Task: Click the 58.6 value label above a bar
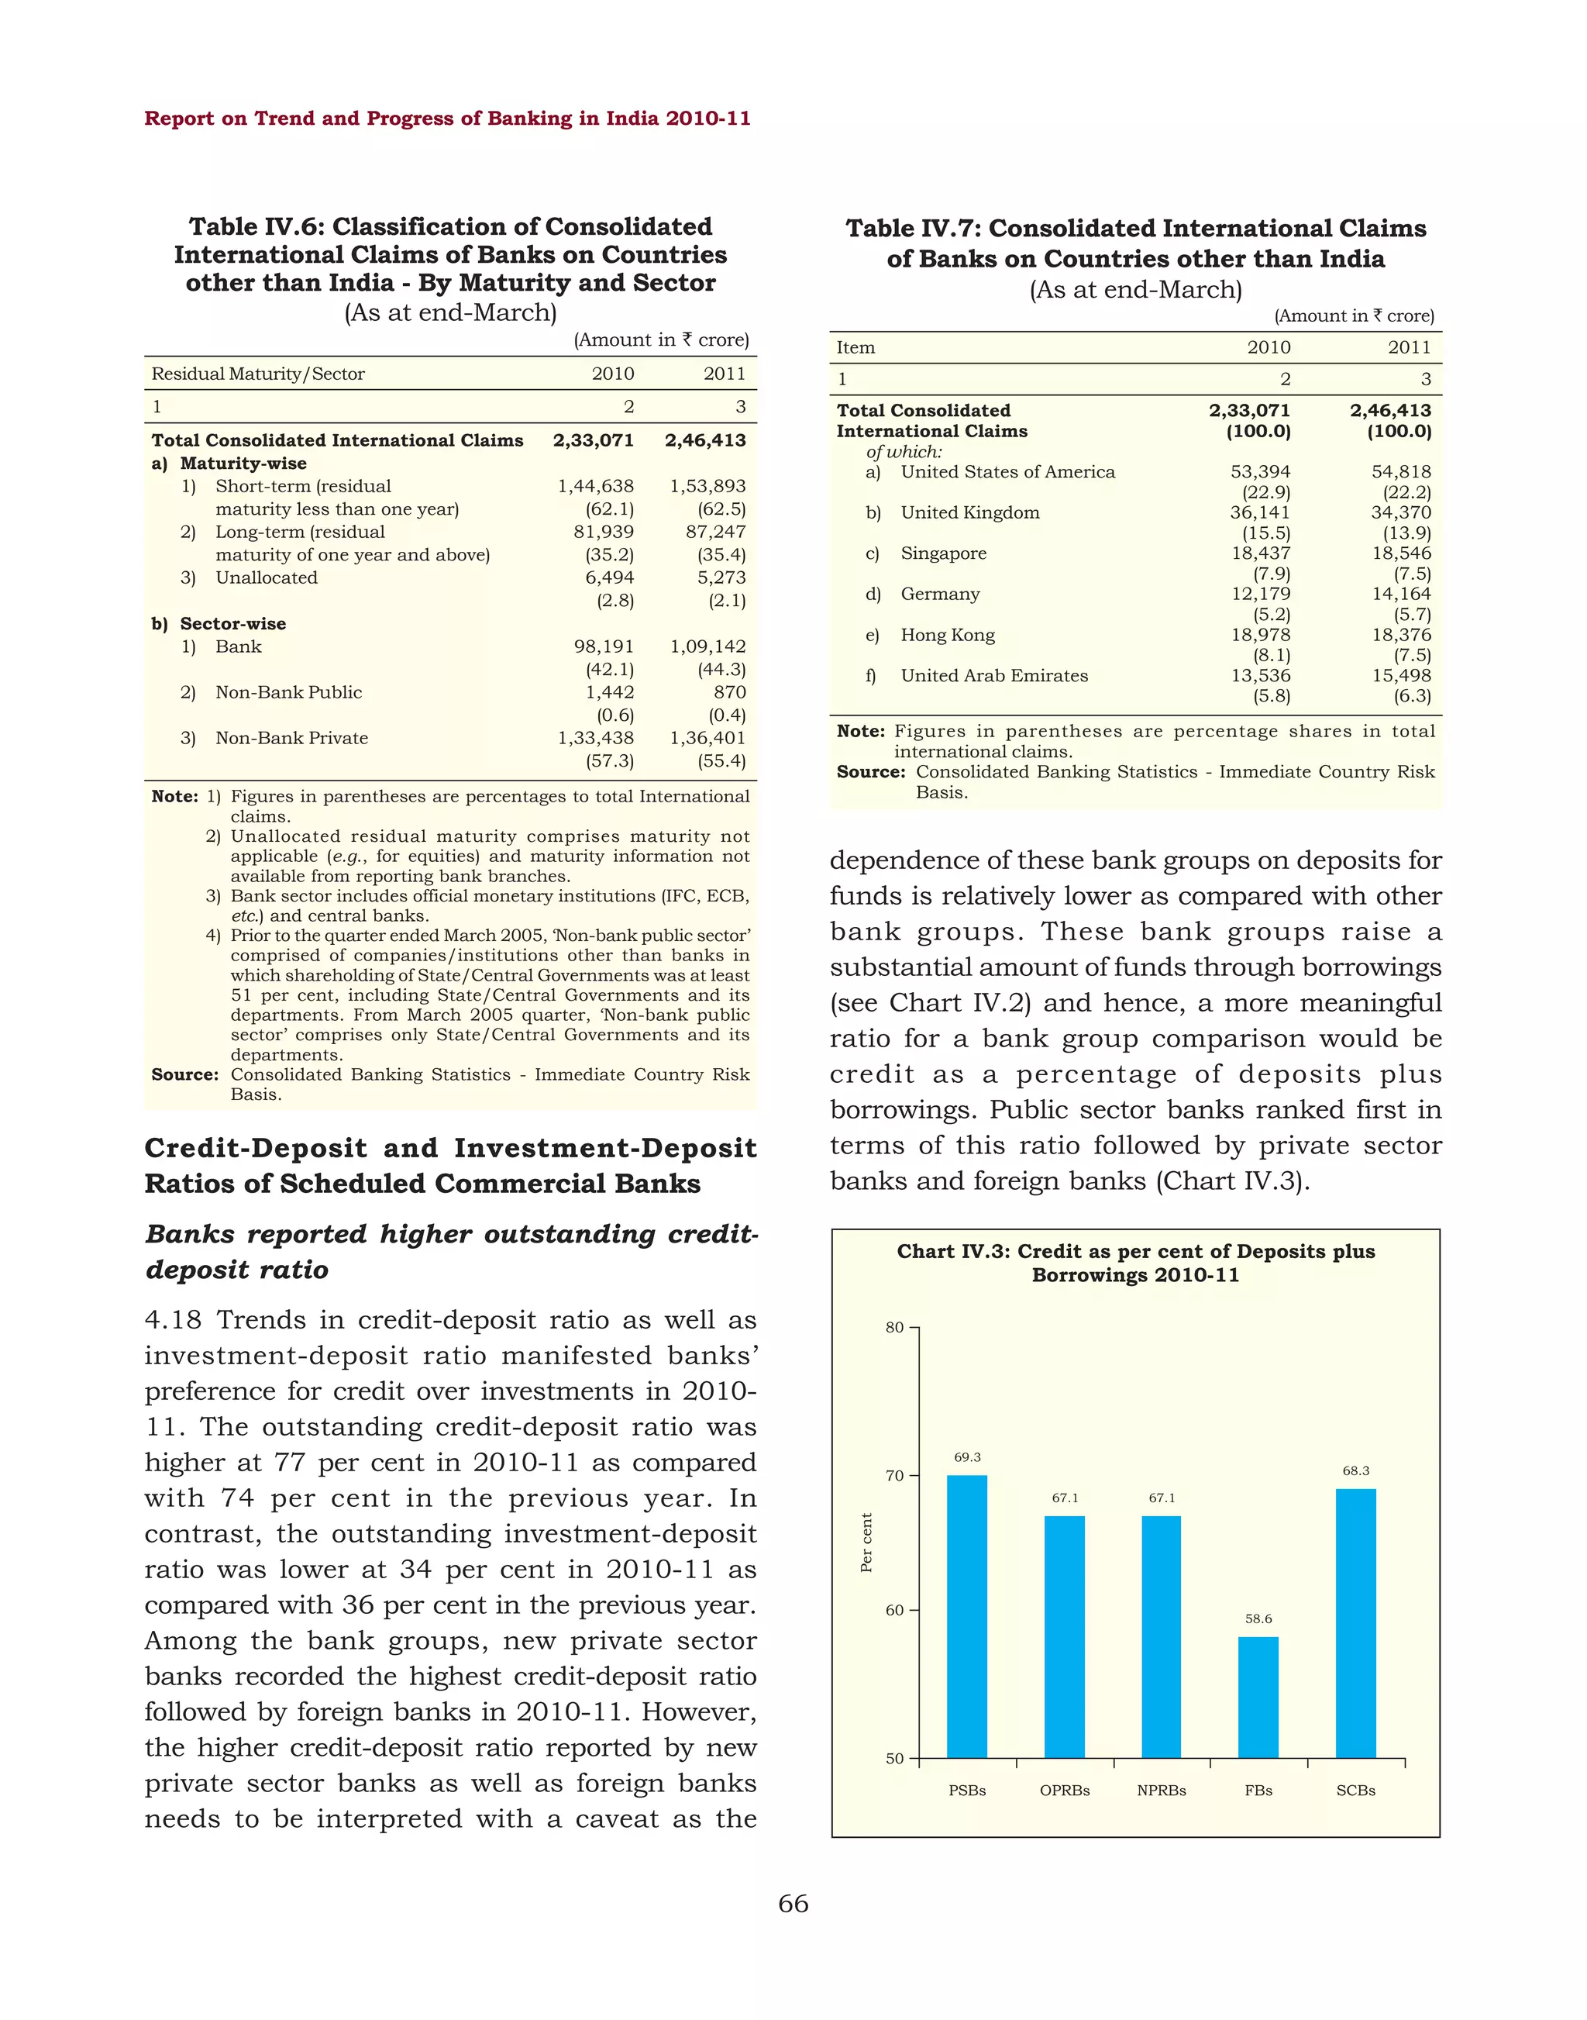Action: [x=1258, y=1618]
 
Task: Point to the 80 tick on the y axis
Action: [x=893, y=1328]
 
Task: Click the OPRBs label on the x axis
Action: [x=1065, y=1791]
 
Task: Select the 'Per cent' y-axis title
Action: [x=866, y=1543]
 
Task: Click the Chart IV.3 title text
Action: [x=1135, y=1263]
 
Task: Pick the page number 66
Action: [x=793, y=1904]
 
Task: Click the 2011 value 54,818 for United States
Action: [x=1401, y=471]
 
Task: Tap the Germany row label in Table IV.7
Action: [x=939, y=594]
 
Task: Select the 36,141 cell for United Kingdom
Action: [x=1260, y=512]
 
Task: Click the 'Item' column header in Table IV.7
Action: [x=855, y=348]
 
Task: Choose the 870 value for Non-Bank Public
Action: [x=729, y=691]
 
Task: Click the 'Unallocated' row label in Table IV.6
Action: [x=266, y=577]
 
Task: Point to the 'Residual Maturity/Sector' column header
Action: [x=257, y=374]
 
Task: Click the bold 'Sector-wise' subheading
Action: [x=232, y=624]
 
